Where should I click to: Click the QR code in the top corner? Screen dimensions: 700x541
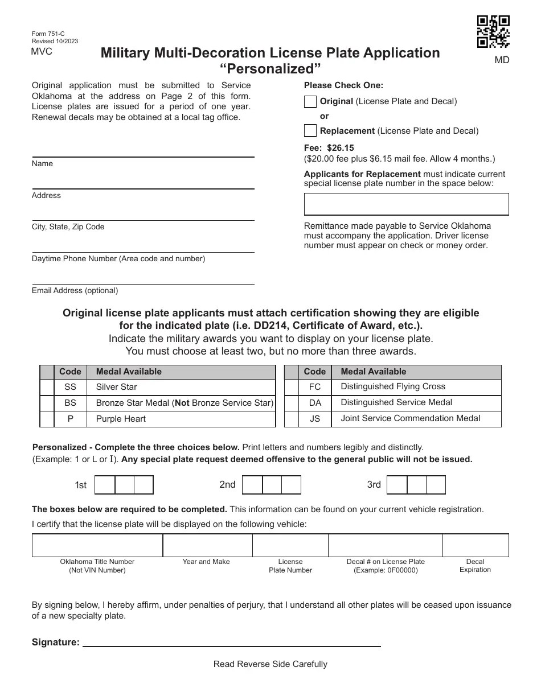(493, 32)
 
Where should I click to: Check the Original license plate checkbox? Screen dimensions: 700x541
(310, 102)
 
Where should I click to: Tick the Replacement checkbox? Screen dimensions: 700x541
(310, 131)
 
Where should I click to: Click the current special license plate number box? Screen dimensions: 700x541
(406, 204)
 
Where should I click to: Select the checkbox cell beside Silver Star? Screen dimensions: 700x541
(47, 387)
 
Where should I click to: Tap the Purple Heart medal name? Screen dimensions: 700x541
(121, 419)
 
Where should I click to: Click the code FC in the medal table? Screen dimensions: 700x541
(315, 387)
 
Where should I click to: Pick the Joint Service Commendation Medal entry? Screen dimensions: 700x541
(410, 418)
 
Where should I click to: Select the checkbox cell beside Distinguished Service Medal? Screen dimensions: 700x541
(292, 403)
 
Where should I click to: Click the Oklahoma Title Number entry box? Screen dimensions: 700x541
(97, 545)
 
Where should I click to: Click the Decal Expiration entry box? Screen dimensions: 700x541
(475, 545)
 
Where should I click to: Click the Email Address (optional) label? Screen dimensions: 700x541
(75, 291)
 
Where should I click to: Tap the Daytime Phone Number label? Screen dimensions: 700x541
(118, 259)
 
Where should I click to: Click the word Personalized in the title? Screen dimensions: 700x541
(270, 69)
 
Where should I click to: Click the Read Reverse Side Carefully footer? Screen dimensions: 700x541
(270, 664)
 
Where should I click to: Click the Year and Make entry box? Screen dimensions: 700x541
(207, 545)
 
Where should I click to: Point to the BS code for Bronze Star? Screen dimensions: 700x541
(70, 403)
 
